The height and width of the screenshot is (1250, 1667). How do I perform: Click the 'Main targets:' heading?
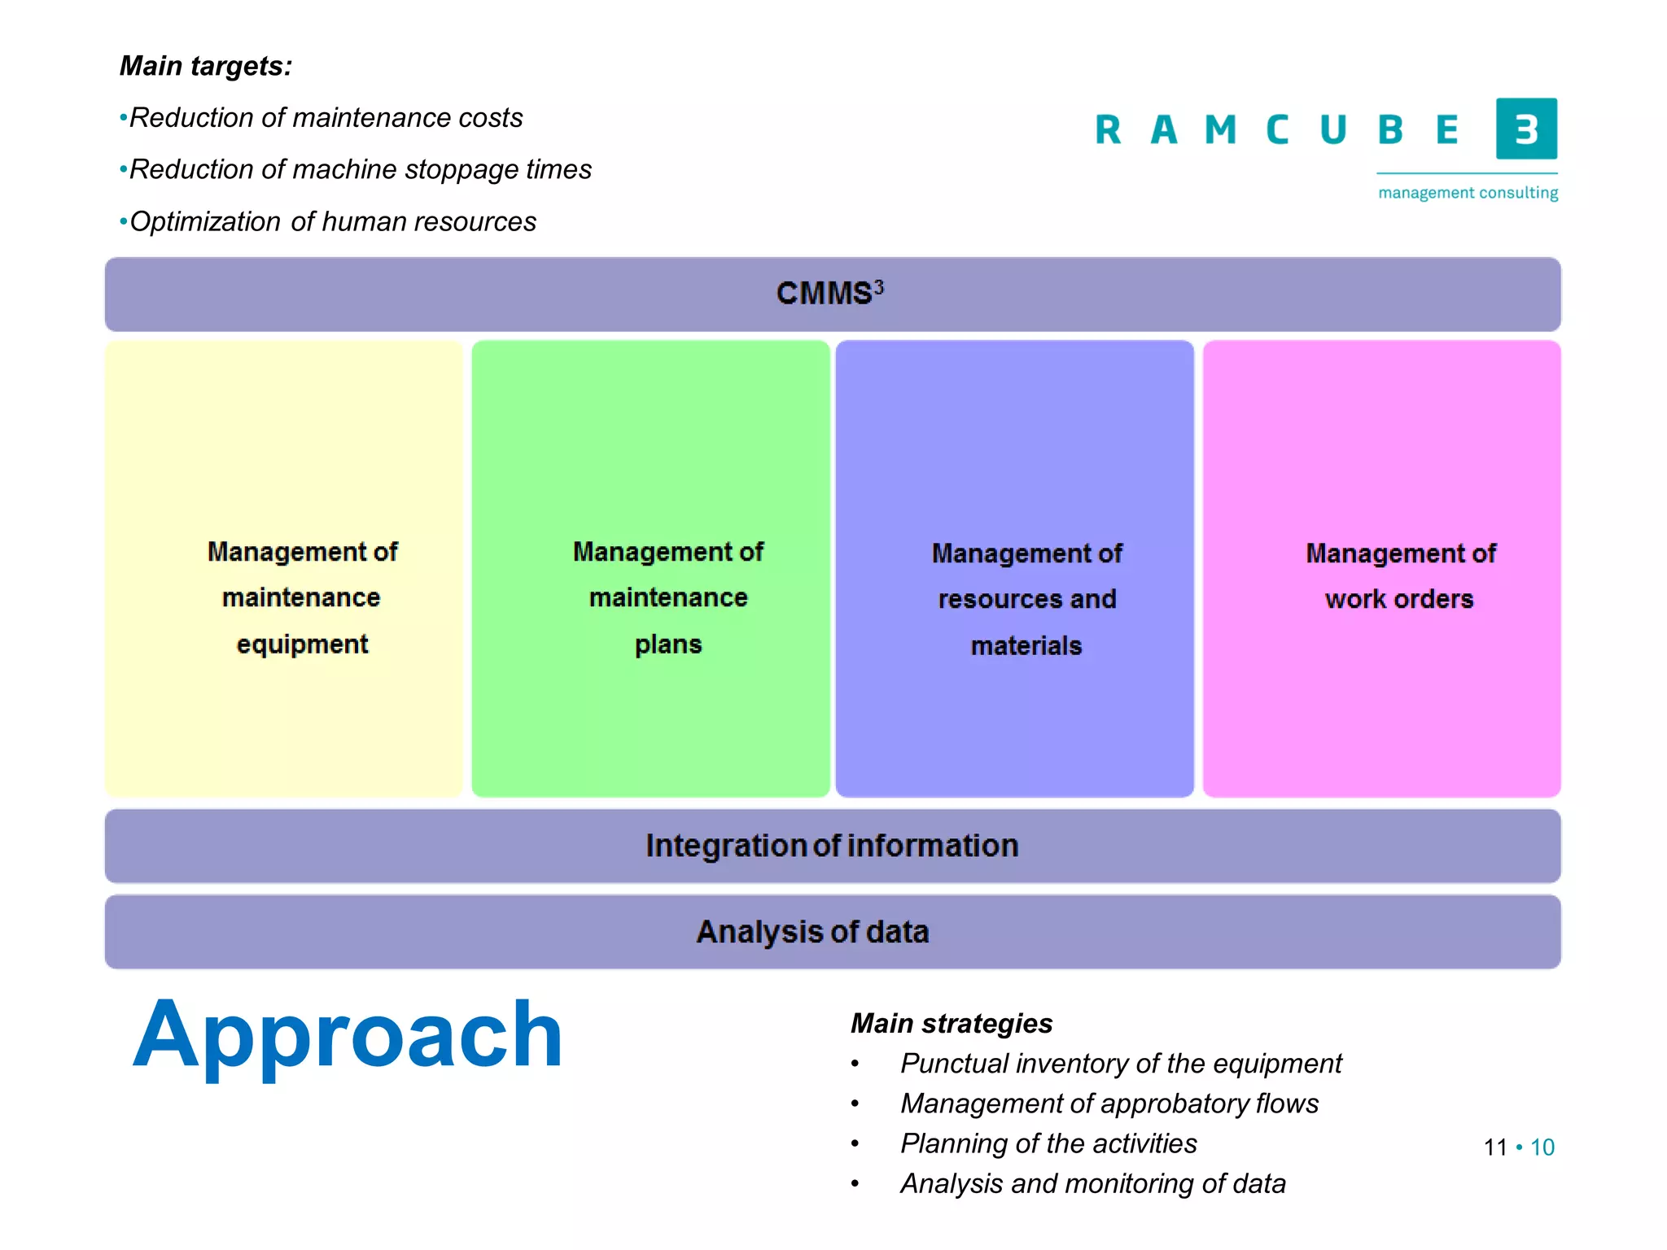(x=205, y=66)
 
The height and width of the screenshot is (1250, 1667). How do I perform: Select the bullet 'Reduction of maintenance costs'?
(x=326, y=118)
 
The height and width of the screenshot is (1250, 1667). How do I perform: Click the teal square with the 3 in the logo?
(x=1525, y=129)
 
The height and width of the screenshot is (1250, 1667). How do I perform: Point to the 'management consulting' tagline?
(x=1468, y=193)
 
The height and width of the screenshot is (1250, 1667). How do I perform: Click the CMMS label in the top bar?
(x=829, y=293)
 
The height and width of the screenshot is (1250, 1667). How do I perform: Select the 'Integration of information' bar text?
(x=832, y=846)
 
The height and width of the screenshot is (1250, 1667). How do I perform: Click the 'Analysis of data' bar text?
(x=812, y=932)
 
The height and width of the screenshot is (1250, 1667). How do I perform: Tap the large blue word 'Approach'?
(x=348, y=1035)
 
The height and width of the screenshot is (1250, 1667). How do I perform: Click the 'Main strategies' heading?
(x=952, y=1023)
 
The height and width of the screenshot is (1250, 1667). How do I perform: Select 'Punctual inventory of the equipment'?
(x=1120, y=1063)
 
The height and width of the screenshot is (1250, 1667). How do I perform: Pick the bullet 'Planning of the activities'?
(x=1048, y=1143)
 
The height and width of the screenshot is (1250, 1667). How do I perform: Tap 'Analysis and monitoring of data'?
(x=1092, y=1183)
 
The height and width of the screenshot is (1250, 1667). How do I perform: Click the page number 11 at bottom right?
(x=1494, y=1147)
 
